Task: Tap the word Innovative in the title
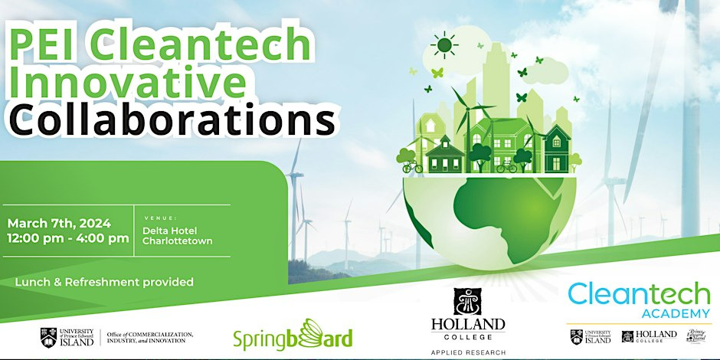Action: [x=126, y=82]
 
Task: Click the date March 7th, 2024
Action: [x=59, y=224]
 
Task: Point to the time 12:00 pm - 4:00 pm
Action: [x=68, y=238]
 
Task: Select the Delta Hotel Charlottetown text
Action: [x=177, y=234]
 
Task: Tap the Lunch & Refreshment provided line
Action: [x=104, y=282]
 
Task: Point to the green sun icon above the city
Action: [x=443, y=45]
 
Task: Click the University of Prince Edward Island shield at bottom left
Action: [x=47, y=336]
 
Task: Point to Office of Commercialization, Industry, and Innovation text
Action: [x=149, y=337]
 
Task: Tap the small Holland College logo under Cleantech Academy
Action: [x=649, y=335]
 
